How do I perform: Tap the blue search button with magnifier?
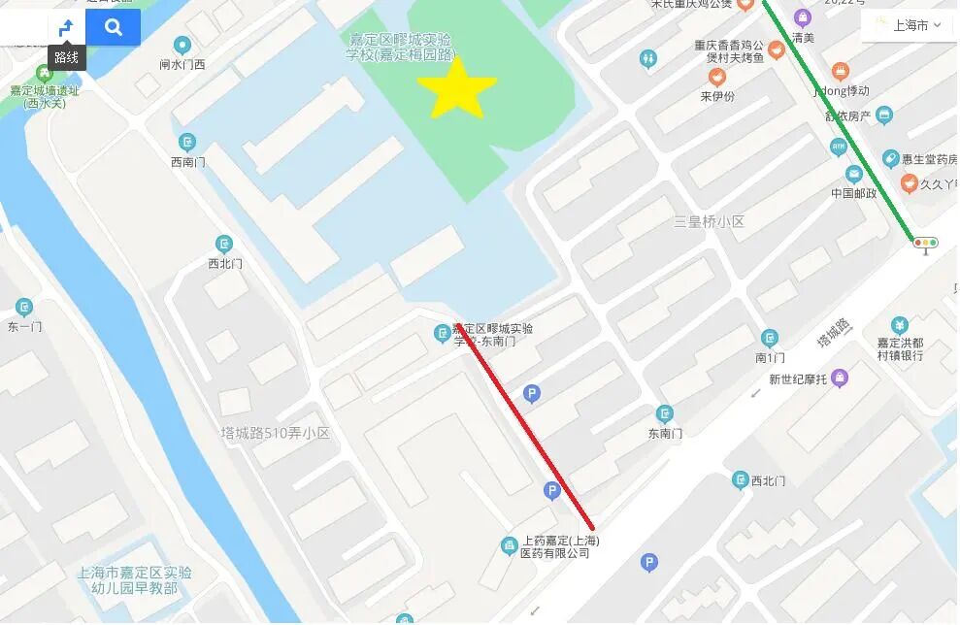pos(114,27)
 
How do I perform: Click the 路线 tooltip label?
pos(66,57)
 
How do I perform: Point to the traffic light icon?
pos(925,244)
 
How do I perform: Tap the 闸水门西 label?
pos(182,65)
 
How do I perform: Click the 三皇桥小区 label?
pos(709,222)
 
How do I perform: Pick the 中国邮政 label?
pos(854,193)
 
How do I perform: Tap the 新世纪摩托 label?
pos(798,379)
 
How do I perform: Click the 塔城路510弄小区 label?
pos(276,433)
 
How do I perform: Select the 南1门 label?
pos(770,358)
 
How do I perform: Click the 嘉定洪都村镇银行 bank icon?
pos(900,324)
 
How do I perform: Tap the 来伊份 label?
pos(717,97)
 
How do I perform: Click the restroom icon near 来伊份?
pos(648,59)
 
